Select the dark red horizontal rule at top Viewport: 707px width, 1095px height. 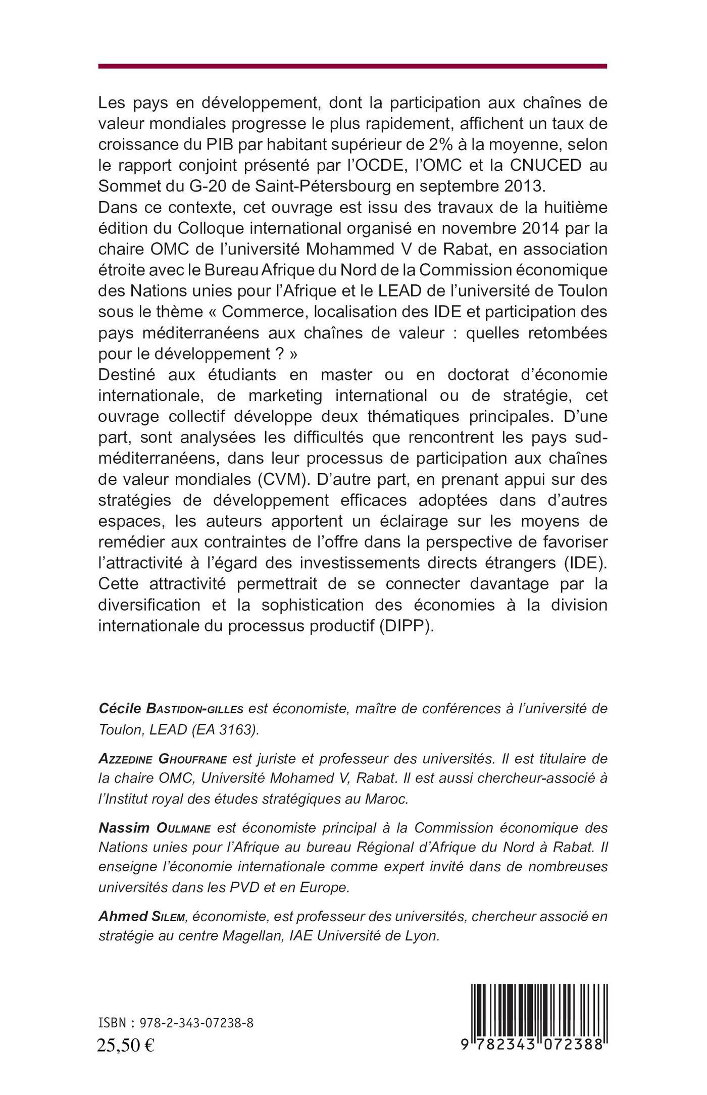tap(352, 66)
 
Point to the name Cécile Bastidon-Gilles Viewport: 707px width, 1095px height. tap(171, 709)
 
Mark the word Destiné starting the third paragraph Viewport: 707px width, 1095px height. tap(130, 375)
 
